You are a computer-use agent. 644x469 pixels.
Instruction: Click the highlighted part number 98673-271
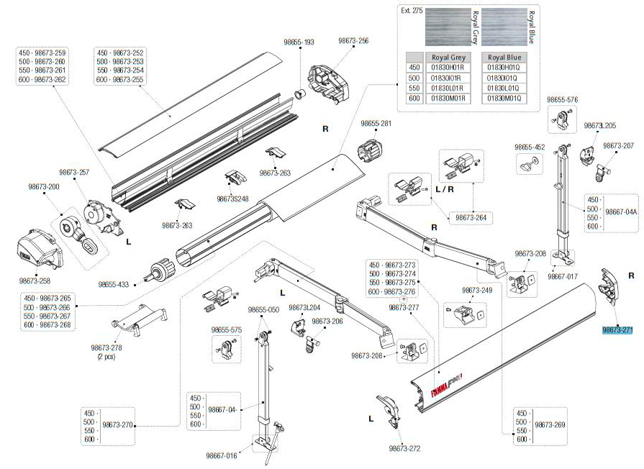[617, 330]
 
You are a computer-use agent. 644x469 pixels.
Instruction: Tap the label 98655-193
[299, 42]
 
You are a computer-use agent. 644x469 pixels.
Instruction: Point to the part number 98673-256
[353, 41]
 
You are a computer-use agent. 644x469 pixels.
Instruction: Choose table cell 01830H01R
[448, 68]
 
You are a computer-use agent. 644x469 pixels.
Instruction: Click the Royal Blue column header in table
[504, 57]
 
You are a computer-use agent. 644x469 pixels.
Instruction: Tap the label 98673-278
[106, 347]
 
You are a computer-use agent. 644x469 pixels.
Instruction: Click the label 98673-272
[404, 448]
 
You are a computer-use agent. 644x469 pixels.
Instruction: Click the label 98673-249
[477, 290]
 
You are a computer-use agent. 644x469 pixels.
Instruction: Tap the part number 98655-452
[530, 147]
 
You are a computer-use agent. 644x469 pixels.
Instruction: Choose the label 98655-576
[562, 99]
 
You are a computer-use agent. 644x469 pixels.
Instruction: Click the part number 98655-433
[113, 285]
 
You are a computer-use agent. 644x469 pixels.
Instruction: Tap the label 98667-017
[563, 276]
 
